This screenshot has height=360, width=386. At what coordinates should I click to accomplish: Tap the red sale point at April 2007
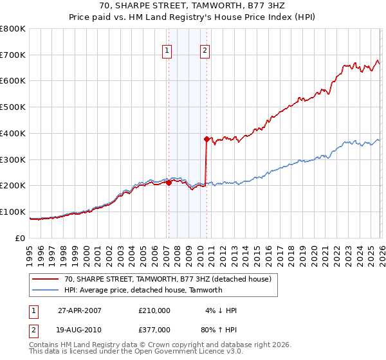pos(169,183)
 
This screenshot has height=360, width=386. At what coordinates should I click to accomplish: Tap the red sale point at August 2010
pos(207,138)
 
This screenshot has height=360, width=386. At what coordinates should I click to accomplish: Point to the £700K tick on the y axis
pos(13,55)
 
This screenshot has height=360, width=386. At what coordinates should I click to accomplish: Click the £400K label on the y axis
pos(13,133)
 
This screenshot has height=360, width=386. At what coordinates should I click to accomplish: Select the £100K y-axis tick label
pos(13,212)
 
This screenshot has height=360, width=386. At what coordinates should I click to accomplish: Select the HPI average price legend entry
pos(143,290)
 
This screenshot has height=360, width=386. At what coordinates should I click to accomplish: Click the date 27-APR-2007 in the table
pos(80,310)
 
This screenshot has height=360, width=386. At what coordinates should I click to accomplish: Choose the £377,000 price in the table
pos(154,329)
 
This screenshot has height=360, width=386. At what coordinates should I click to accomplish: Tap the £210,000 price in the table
pos(154,310)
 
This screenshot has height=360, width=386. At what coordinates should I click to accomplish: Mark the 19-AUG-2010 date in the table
pos(80,329)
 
